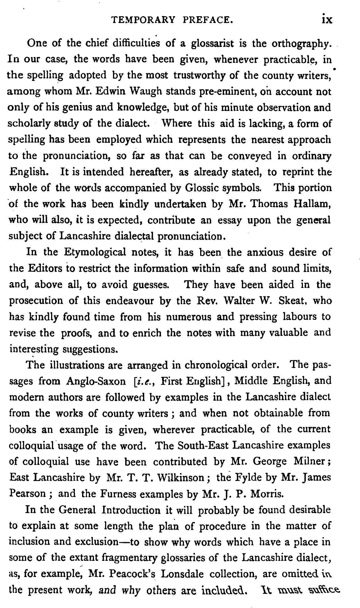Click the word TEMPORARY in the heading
point(143,20)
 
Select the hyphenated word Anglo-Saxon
point(96,381)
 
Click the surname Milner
point(313,461)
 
